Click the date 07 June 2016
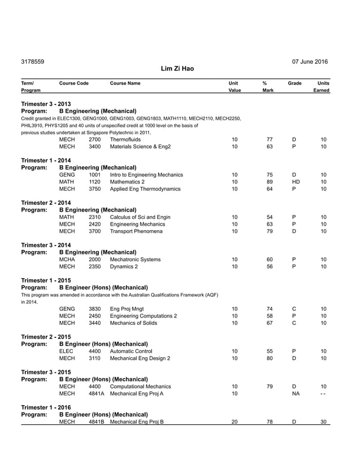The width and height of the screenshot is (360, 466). point(310,61)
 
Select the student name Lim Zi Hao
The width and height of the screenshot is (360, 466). point(177,69)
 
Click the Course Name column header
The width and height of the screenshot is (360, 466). point(125,83)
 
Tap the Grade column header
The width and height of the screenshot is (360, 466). point(295,83)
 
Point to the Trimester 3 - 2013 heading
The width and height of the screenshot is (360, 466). point(46,104)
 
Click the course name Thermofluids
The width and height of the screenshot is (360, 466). point(125,139)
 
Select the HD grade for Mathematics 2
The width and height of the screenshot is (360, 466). point(295,182)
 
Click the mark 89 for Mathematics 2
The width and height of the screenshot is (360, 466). point(270,182)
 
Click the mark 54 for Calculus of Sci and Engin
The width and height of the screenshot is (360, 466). point(270,217)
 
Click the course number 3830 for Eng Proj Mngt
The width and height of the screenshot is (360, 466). point(95,309)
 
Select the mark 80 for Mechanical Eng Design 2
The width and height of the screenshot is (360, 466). point(270,358)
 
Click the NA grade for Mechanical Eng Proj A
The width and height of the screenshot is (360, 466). point(295,394)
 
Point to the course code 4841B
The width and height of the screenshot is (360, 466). point(96,422)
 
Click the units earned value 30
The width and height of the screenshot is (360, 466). point(323,422)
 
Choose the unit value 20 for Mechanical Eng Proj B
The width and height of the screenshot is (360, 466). point(235,422)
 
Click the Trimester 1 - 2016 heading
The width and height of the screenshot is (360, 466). point(46,407)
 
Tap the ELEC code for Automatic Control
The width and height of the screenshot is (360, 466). point(67,351)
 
